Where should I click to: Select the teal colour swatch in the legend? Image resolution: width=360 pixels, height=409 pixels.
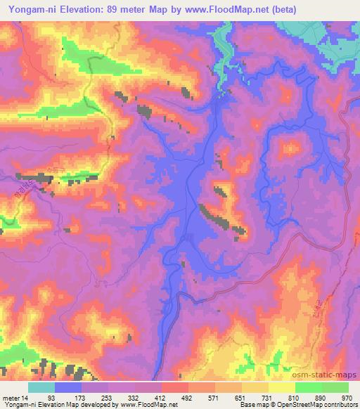pyautogui.click(x=41, y=388)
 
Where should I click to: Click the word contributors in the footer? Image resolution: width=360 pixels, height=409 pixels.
pyautogui.click(x=335, y=404)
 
